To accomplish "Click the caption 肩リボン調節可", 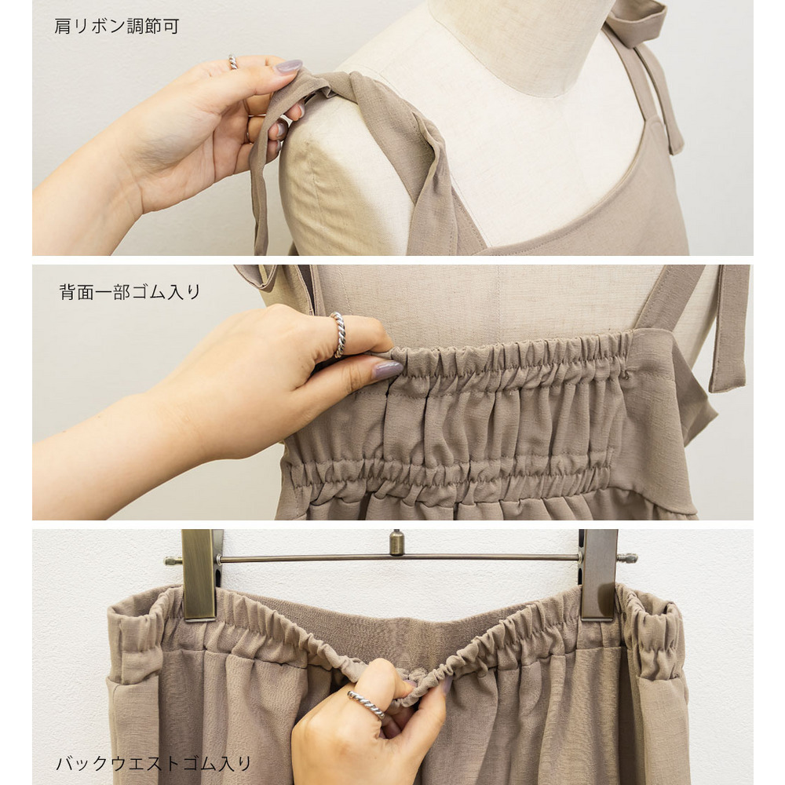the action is pyautogui.click(x=117, y=26).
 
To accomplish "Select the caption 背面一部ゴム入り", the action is pyautogui.click(x=130, y=292).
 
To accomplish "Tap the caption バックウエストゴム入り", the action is pyautogui.click(x=153, y=764).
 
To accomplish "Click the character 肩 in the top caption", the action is pyautogui.click(x=63, y=26).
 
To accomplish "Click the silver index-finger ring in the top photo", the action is pyautogui.click(x=233, y=62).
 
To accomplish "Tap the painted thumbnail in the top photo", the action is pyautogui.click(x=289, y=67).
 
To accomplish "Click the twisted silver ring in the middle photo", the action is pyautogui.click(x=338, y=334).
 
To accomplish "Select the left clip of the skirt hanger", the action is pyautogui.click(x=200, y=575).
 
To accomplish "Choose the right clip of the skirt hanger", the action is pyautogui.click(x=598, y=575).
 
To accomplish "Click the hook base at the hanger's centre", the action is pyautogui.click(x=397, y=542).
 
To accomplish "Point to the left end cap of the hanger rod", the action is pyautogui.click(x=173, y=560).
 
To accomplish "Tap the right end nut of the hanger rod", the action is pyautogui.click(x=628, y=557).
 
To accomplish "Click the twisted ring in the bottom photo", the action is pyautogui.click(x=367, y=704).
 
